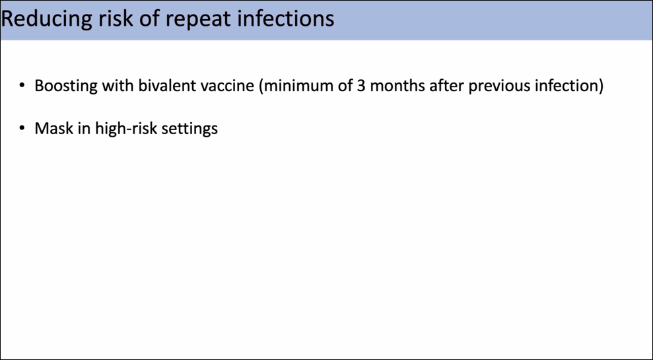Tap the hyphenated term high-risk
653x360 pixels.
coord(126,129)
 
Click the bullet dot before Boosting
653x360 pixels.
coord(22,87)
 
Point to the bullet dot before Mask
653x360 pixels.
coord(22,129)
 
